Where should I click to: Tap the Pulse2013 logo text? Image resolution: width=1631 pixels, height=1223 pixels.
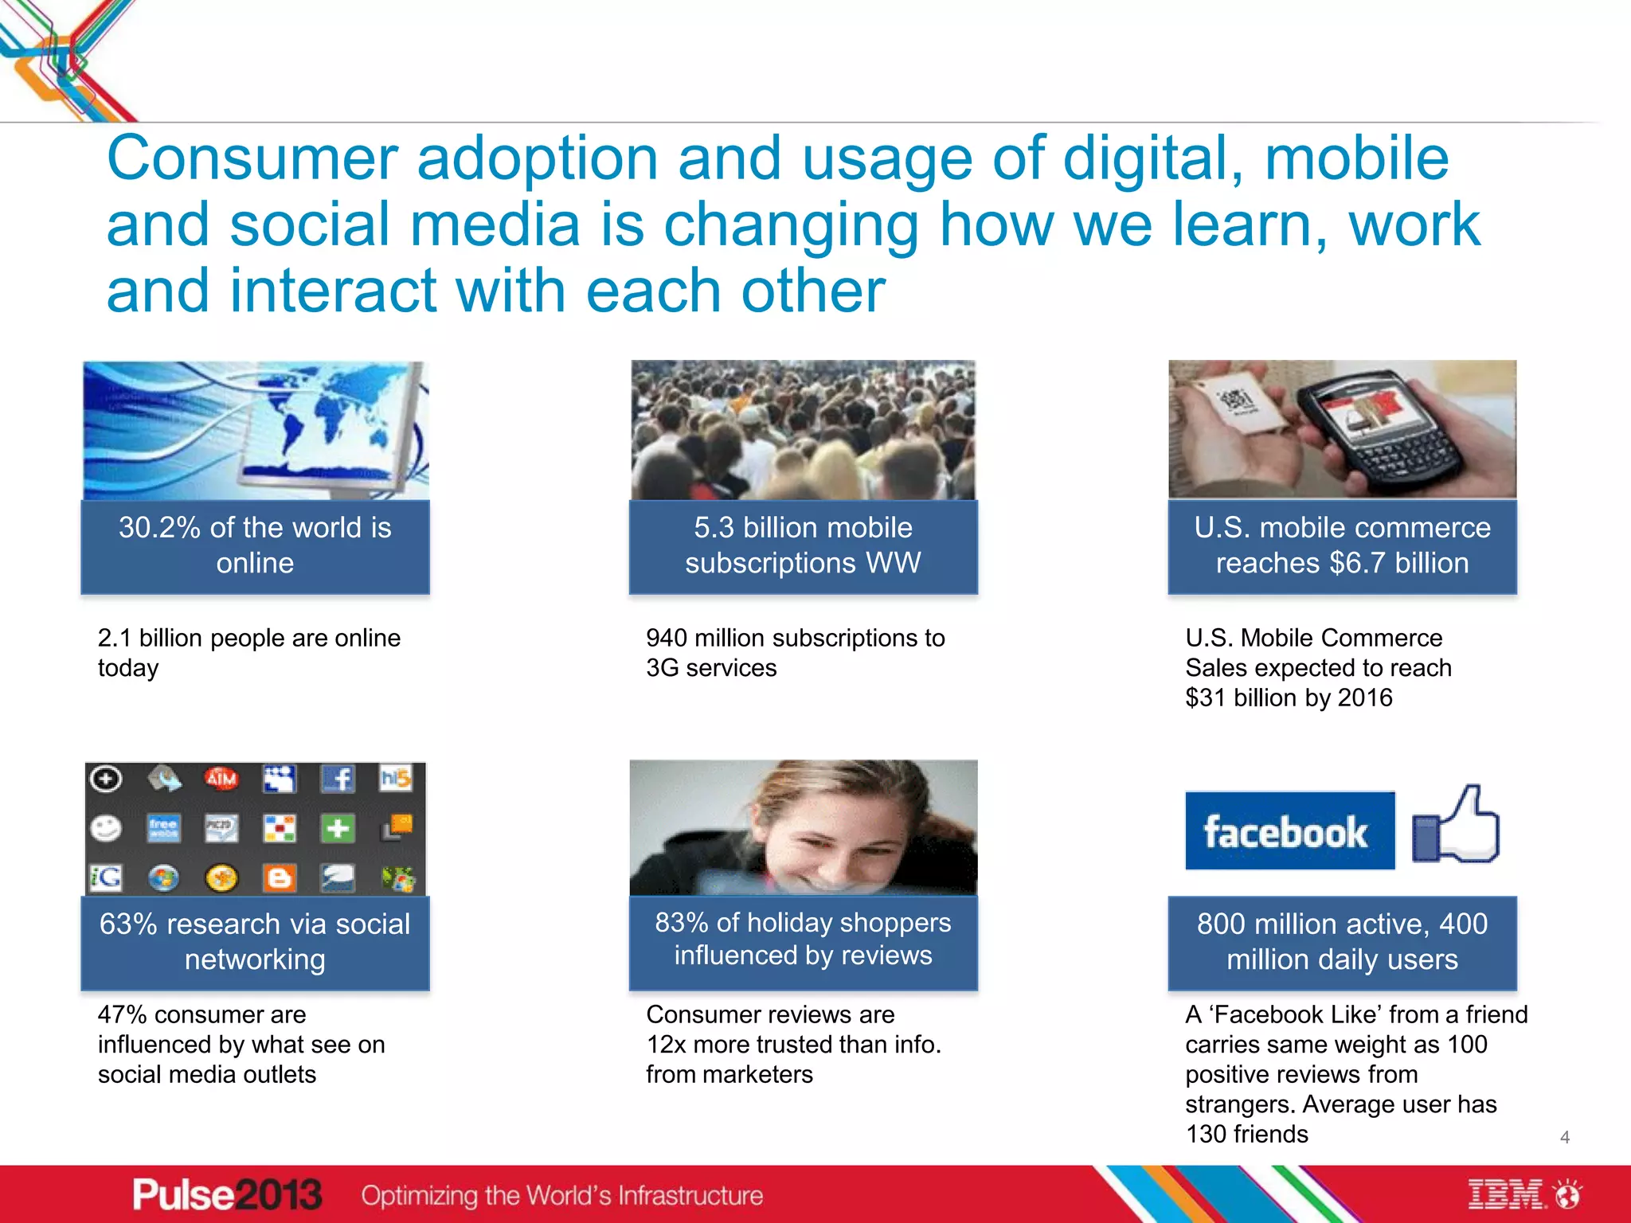coord(227,1194)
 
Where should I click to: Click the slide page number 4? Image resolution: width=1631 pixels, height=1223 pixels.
coord(1564,1137)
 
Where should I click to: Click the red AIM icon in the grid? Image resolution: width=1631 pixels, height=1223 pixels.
coord(221,779)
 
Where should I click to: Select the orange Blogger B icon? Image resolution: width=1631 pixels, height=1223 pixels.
coord(279,878)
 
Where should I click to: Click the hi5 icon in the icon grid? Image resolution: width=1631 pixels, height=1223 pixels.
coord(396,778)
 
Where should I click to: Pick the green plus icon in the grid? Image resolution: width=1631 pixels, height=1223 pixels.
coord(337,829)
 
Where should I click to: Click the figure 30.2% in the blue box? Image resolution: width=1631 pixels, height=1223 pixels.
coord(159,528)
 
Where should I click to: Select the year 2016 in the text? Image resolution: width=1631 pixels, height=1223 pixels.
coord(1365,697)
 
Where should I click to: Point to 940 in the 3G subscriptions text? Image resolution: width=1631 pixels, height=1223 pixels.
coord(666,638)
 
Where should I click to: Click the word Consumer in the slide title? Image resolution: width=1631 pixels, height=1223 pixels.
coord(252,159)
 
